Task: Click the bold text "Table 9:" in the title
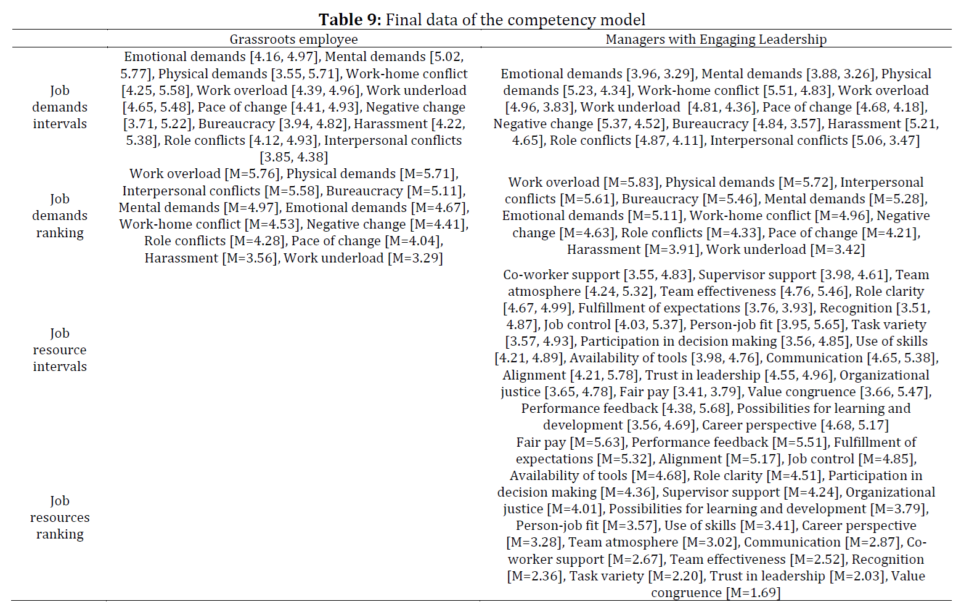350,20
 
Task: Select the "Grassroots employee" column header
293,39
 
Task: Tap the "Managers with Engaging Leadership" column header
716,39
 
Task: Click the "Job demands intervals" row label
60,107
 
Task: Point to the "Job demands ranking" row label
60,216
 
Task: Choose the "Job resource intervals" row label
60,350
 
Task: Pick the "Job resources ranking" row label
60,517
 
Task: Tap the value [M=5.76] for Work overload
252,174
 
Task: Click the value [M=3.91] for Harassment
672,250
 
